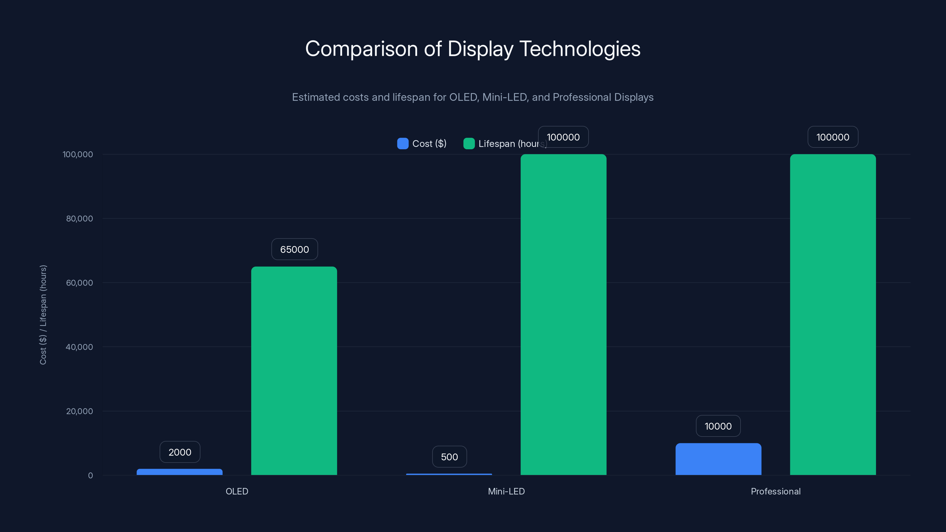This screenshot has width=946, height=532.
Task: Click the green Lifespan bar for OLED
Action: (294, 371)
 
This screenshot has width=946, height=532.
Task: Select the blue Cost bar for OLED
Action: (179, 472)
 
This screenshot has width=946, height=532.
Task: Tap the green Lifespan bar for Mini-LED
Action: (563, 315)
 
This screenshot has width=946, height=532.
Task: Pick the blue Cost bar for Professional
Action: (718, 459)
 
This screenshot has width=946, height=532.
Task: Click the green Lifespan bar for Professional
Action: (833, 315)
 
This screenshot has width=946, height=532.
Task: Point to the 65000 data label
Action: (294, 249)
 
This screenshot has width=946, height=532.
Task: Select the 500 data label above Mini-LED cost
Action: (449, 457)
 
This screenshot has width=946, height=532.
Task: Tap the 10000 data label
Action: (718, 426)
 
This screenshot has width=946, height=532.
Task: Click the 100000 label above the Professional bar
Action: (833, 137)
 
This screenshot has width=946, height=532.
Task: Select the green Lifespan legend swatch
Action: (469, 144)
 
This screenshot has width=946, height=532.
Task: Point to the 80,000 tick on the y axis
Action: (79, 218)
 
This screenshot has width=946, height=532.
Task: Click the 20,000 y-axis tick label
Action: (79, 411)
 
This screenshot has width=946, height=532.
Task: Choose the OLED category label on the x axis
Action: (237, 491)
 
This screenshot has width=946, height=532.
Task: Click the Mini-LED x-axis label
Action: (506, 491)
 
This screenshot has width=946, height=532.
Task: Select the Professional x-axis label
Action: (776, 491)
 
